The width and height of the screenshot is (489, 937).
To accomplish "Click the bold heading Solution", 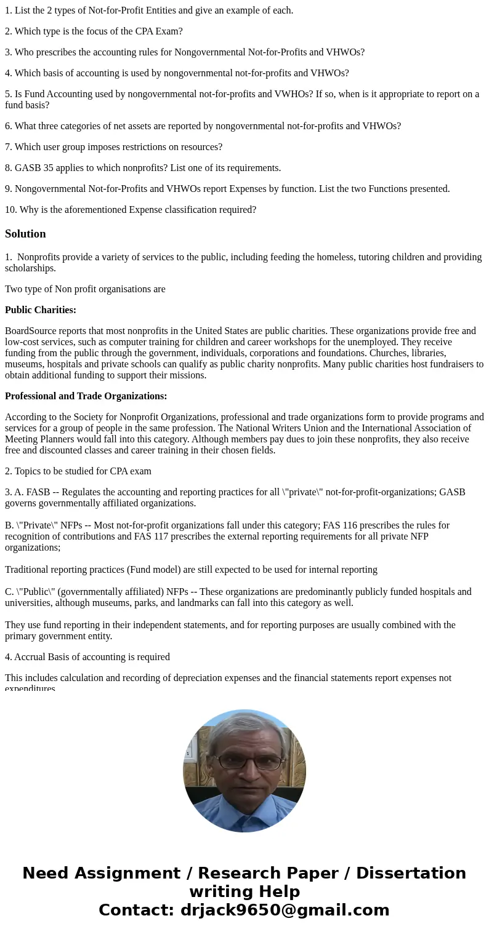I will click(x=25, y=234).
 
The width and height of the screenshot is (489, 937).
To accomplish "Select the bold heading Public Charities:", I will click(x=41, y=310).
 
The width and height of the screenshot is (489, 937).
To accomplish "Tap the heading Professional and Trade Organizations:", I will click(x=86, y=396).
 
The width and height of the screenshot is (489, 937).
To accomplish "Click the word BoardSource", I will click(x=30, y=331).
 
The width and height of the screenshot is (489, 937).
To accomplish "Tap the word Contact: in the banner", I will click(x=136, y=910).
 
